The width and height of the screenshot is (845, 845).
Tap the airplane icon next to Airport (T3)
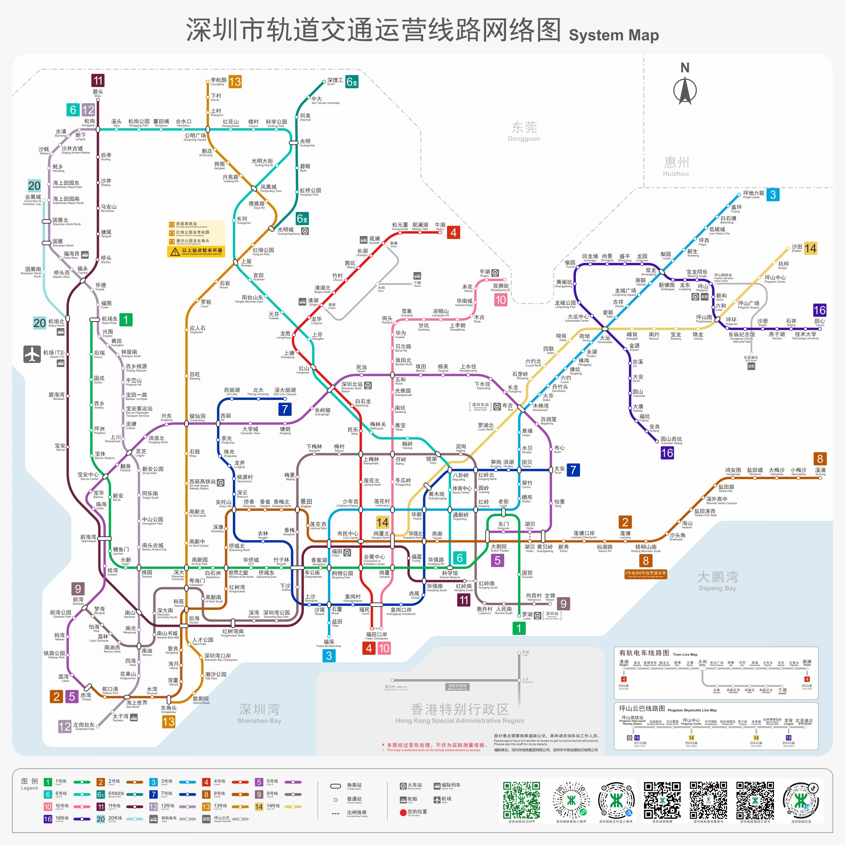pyautogui.click(x=32, y=354)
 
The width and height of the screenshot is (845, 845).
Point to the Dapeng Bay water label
pyautogui.click(x=717, y=581)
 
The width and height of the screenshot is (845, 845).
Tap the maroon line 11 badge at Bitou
pyautogui.click(x=98, y=80)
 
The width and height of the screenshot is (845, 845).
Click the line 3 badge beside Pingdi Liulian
pyautogui.click(x=773, y=195)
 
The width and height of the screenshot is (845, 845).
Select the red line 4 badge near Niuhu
pyautogui.click(x=453, y=232)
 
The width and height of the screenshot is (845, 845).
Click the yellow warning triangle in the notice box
pyautogui.click(x=175, y=252)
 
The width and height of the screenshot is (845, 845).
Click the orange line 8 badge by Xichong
pyautogui.click(x=820, y=459)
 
